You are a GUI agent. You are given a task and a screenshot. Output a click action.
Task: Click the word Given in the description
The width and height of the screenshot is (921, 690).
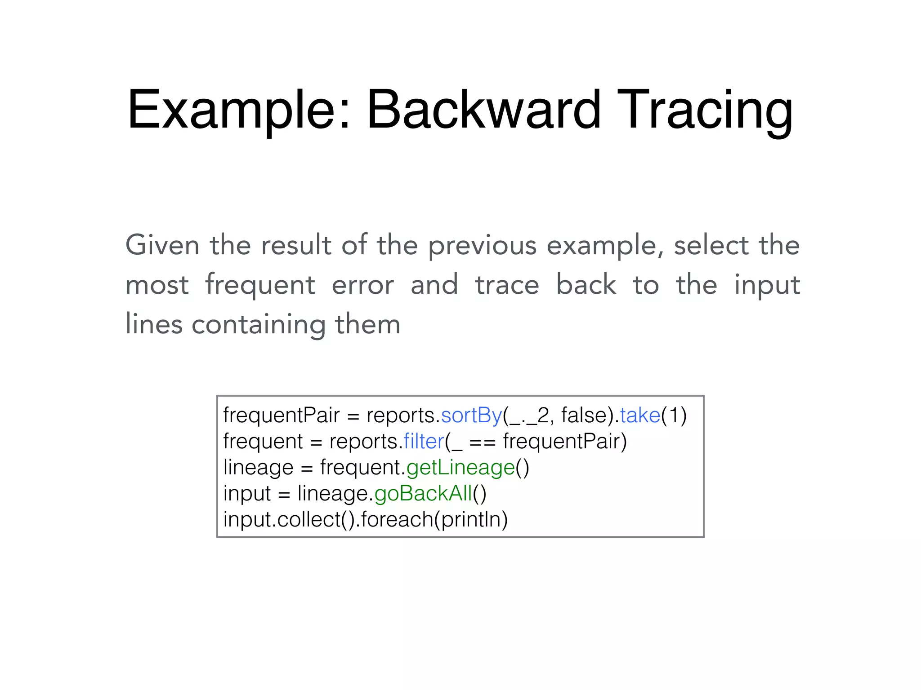(162, 245)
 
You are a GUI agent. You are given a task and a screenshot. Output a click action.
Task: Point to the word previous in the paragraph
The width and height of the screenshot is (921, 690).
(482, 246)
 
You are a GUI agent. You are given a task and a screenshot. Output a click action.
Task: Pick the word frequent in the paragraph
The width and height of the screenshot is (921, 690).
(260, 285)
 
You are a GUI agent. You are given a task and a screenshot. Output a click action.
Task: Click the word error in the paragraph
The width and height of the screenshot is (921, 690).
(363, 285)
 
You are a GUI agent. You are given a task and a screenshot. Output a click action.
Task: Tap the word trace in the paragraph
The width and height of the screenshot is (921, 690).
(507, 285)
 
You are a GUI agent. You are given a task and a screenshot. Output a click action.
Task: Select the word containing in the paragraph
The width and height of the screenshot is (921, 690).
(258, 325)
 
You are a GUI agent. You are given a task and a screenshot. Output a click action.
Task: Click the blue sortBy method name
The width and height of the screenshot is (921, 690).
(471, 416)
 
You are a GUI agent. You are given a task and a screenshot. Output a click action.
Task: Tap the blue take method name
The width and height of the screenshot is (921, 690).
(640, 416)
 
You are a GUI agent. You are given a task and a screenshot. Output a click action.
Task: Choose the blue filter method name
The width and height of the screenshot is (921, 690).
(424, 442)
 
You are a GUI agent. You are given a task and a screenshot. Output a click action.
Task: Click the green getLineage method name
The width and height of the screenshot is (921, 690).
(460, 468)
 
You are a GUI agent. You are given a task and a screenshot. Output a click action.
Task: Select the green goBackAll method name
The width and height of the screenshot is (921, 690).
(423, 494)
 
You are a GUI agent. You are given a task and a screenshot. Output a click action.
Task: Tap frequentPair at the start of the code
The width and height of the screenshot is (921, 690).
(281, 416)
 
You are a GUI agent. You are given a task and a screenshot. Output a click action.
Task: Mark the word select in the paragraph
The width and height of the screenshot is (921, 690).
(711, 245)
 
